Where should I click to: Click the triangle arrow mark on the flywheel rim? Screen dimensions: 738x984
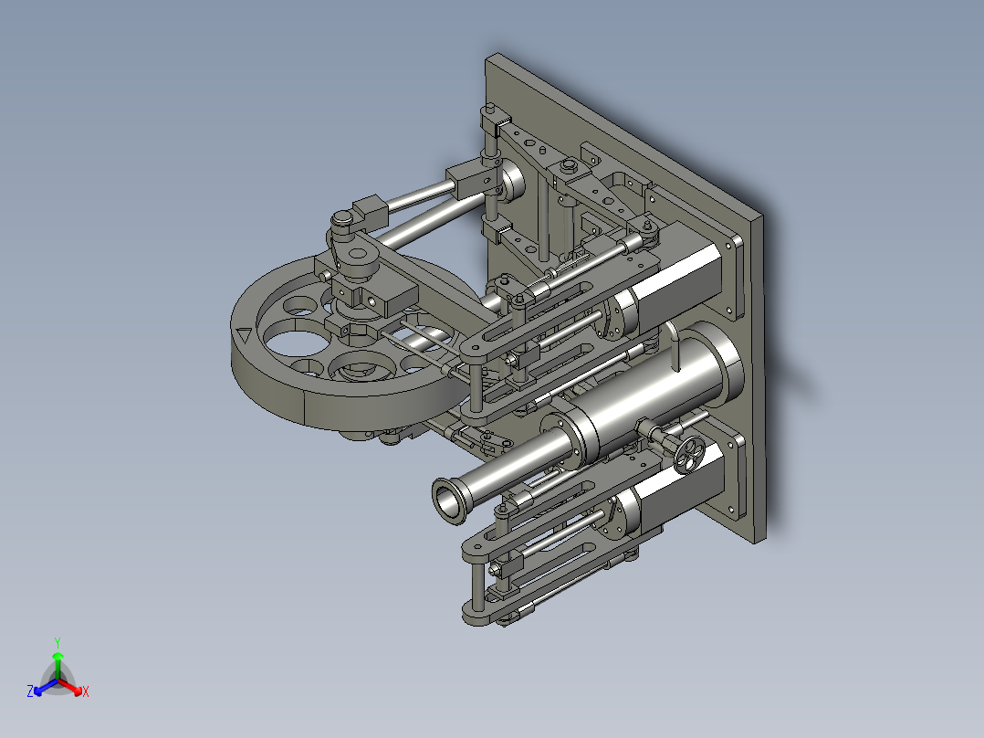click(x=244, y=335)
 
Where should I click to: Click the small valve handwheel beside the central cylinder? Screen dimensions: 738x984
click(x=692, y=453)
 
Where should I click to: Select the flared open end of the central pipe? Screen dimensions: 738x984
click(x=447, y=501)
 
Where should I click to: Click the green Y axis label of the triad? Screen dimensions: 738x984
click(x=57, y=642)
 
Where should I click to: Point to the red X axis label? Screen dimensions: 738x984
click(x=85, y=692)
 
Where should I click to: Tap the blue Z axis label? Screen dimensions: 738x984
click(x=30, y=692)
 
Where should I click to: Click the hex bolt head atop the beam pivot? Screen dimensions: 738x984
click(x=570, y=165)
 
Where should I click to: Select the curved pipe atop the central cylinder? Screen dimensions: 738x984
click(x=674, y=342)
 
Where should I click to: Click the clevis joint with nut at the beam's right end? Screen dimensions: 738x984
click(x=645, y=232)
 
